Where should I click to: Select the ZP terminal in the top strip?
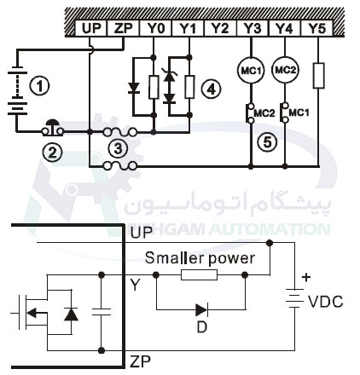click(123, 28)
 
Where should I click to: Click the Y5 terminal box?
click(317, 28)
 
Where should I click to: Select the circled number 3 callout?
click(119, 149)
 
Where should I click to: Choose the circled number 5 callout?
click(268, 142)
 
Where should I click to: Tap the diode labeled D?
click(201, 310)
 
